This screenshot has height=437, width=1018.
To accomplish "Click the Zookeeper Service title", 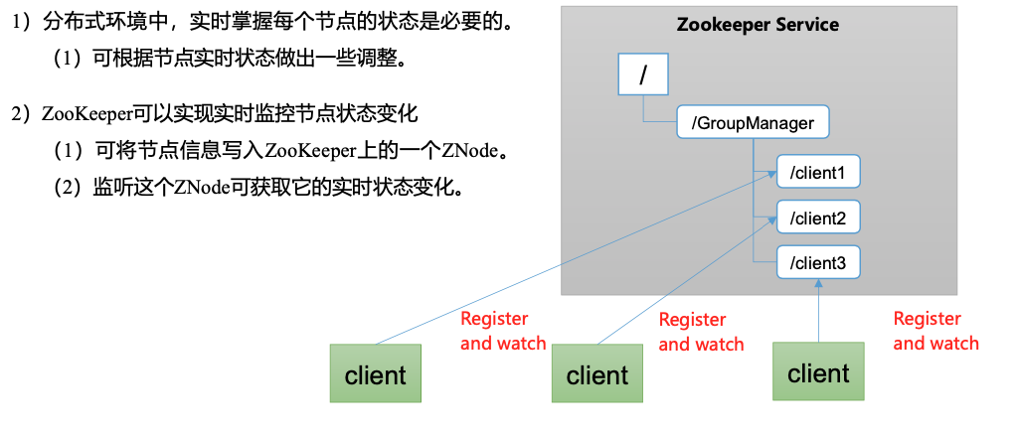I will tap(758, 25).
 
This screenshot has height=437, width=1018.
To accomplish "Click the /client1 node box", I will tap(817, 173).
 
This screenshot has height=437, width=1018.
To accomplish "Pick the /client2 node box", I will tap(817, 218).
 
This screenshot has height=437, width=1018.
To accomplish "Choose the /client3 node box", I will tap(817, 263).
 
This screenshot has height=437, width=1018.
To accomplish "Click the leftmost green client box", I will tap(375, 375).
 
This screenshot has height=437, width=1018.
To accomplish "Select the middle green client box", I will tap(596, 375).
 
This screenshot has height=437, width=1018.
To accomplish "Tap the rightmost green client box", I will tap(818, 373).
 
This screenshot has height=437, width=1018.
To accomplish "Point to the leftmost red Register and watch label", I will tap(503, 331).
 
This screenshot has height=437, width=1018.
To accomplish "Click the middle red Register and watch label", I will tap(701, 332).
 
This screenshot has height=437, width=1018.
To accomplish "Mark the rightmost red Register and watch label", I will tap(935, 331).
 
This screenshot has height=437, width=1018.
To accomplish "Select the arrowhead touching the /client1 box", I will tap(772, 174).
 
